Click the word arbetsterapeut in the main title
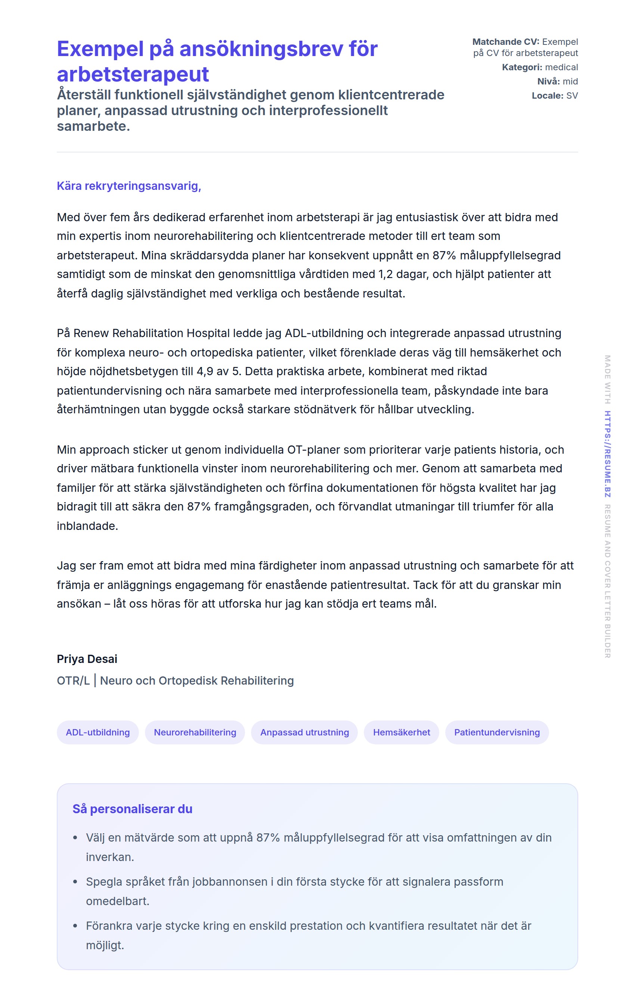click(x=133, y=75)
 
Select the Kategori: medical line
click(x=539, y=67)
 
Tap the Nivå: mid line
click(x=557, y=81)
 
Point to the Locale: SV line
click(x=554, y=96)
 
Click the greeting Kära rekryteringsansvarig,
click(x=128, y=186)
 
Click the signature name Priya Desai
click(x=87, y=659)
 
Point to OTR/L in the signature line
click(x=73, y=681)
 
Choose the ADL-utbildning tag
click(x=98, y=732)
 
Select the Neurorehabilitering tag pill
click(x=195, y=732)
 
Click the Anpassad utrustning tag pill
click(x=304, y=732)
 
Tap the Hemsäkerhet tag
click(x=401, y=732)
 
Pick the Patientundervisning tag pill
click(x=497, y=732)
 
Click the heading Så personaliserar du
click(x=132, y=809)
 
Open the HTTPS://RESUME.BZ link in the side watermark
click(x=607, y=454)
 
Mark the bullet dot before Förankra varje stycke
click(x=75, y=926)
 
